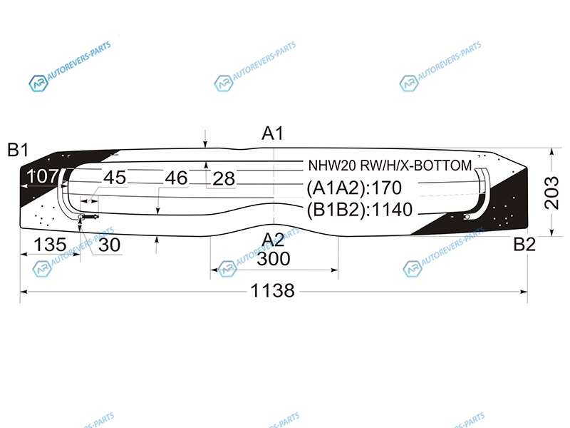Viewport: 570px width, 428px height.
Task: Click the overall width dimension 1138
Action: click(x=273, y=291)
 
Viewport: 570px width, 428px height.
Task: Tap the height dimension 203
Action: click(x=551, y=193)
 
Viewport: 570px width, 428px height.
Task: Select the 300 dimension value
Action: click(x=274, y=259)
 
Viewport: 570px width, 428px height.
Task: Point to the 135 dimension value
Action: click(x=50, y=245)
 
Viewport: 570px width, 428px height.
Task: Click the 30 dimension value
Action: click(x=110, y=245)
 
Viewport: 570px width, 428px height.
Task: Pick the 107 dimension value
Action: click(x=42, y=176)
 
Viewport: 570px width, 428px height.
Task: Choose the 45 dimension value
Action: click(x=115, y=178)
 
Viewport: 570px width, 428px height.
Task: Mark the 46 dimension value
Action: click(x=176, y=178)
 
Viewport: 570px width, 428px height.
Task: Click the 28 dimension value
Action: click(x=224, y=179)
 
